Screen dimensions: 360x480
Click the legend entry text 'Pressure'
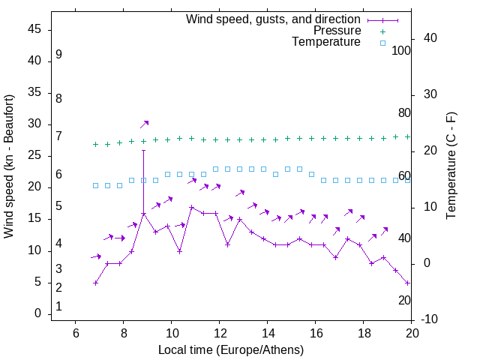click(337, 31)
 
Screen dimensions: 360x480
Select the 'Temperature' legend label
click(326, 42)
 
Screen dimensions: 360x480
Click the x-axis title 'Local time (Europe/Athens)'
click(231, 349)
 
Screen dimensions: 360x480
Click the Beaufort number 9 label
click(58, 55)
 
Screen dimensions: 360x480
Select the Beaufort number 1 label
click(58, 307)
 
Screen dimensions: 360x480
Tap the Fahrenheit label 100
click(402, 51)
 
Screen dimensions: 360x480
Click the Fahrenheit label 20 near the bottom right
click(404, 300)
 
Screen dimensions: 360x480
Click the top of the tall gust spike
click(143, 150)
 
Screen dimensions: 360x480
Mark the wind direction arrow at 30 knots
click(144, 124)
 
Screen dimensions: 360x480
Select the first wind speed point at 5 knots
click(95, 283)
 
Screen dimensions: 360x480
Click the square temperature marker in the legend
click(382, 43)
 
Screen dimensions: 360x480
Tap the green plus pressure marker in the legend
click(382, 31)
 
